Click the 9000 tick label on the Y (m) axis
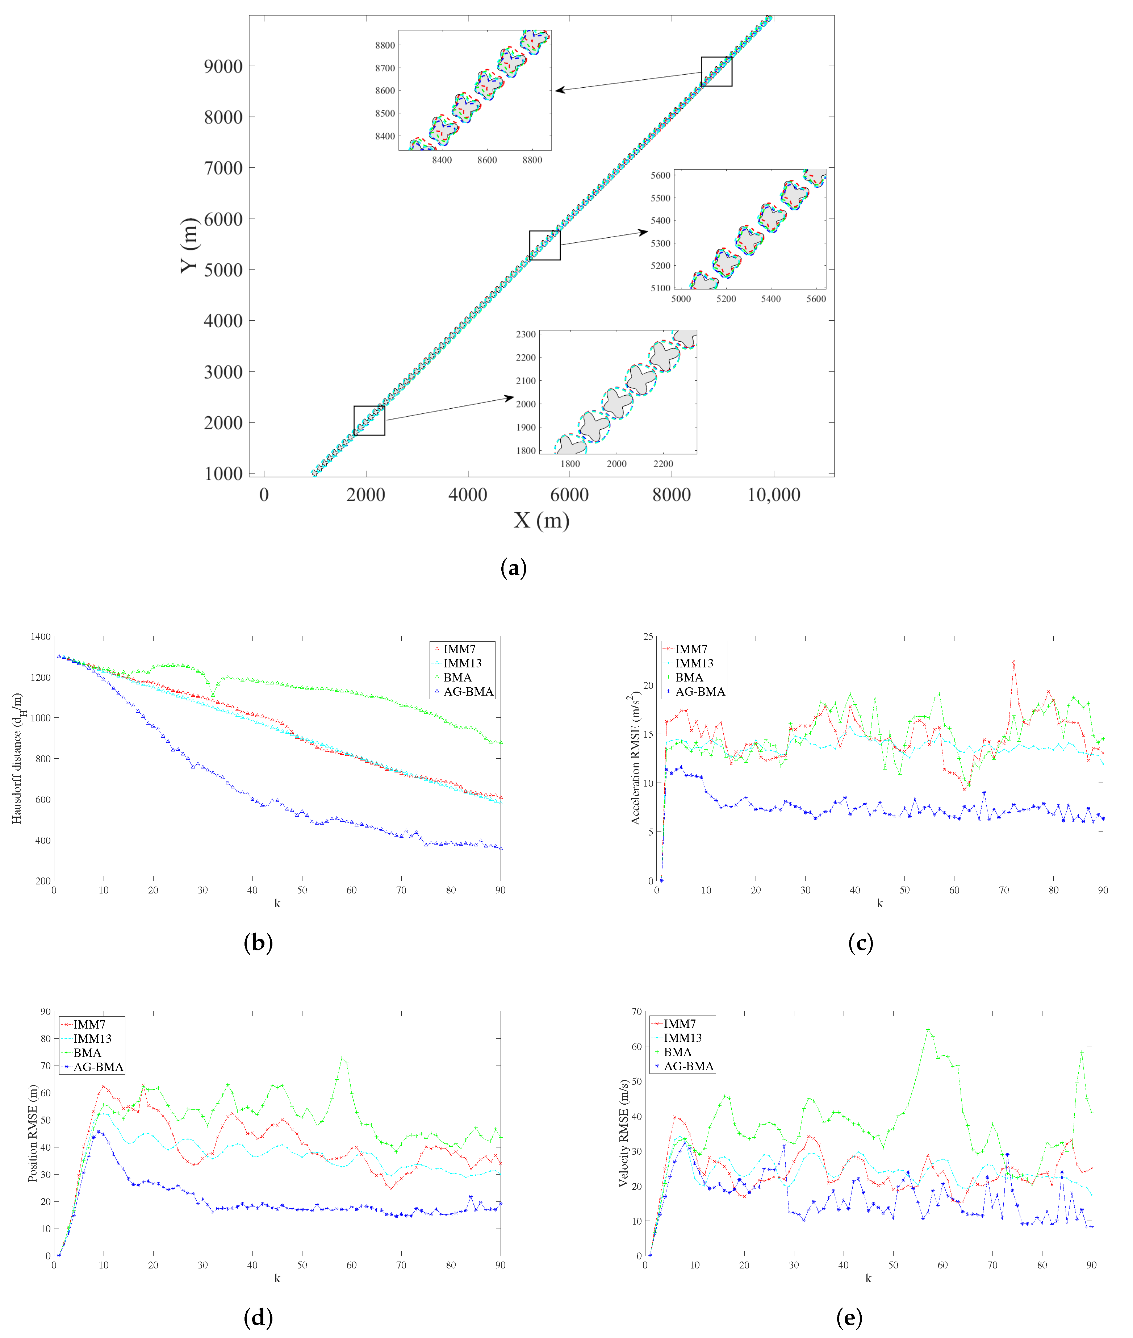point(223,66)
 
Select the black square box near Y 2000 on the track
point(369,421)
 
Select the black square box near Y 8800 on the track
point(716,71)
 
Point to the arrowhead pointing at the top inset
point(559,90)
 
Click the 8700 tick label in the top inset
point(385,68)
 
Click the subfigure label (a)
point(513,568)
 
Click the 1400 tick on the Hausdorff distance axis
point(41,637)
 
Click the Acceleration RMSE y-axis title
point(636,758)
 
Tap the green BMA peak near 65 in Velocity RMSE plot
point(928,1030)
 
